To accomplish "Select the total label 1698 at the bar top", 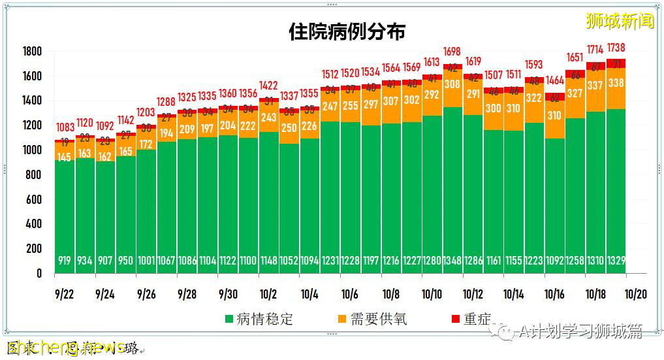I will coord(452,52).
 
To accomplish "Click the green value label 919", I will coord(64,261).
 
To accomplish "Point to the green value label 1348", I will coord(452,261).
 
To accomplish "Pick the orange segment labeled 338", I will coord(616,83).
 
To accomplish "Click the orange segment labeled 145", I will coord(64,157).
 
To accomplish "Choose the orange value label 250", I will coord(289,129).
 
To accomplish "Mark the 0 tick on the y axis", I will coord(39,274).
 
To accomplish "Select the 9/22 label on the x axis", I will coord(64,295).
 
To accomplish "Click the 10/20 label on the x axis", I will coord(636,295).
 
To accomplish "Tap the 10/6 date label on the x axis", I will coord(350,295).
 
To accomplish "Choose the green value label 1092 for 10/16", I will coord(554,261).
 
